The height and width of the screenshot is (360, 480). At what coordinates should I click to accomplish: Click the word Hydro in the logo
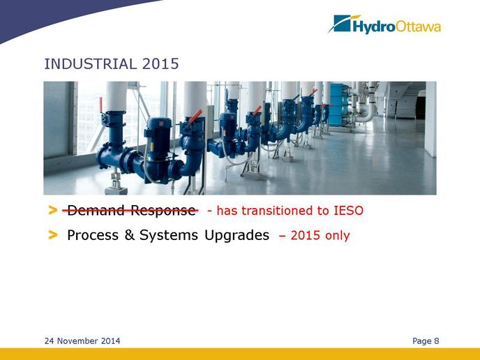click(x=374, y=27)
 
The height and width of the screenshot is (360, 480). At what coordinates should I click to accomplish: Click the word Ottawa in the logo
click(x=418, y=27)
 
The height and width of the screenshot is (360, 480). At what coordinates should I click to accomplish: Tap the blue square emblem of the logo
click(x=342, y=23)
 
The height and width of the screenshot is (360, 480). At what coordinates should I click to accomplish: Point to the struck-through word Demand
click(x=96, y=210)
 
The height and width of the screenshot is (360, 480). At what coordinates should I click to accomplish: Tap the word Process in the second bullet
click(x=93, y=235)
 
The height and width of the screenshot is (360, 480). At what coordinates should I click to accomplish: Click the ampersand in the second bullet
click(x=129, y=235)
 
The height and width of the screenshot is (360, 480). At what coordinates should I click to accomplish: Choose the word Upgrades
click(x=237, y=236)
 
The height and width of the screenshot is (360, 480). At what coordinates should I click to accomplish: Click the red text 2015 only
click(x=320, y=236)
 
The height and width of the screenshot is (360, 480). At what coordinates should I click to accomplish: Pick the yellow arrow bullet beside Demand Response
click(x=52, y=210)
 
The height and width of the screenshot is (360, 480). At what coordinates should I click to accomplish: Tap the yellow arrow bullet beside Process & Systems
click(x=52, y=235)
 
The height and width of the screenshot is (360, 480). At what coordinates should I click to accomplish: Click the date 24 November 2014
click(x=82, y=341)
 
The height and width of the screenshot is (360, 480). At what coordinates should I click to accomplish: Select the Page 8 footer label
click(x=426, y=341)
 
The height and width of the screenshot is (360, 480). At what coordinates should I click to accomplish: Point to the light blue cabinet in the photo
click(x=338, y=105)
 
